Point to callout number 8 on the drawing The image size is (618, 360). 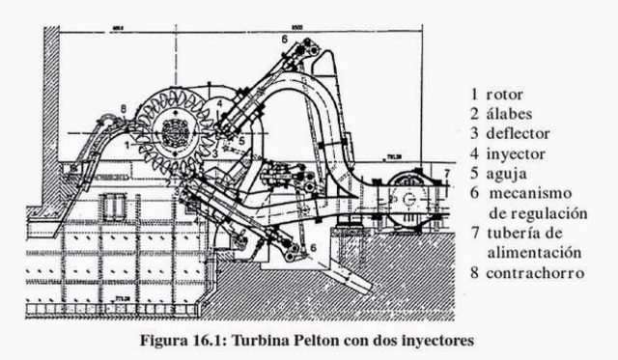click(x=125, y=109)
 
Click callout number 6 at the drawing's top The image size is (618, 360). click(x=285, y=38)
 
